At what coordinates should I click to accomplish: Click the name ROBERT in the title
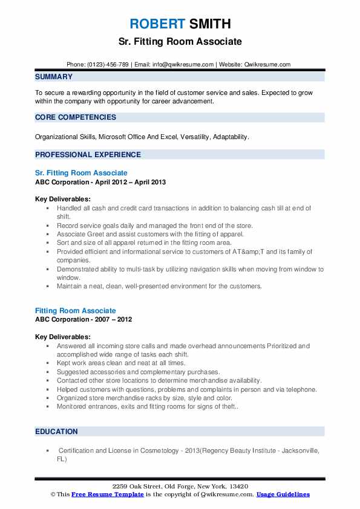tap(157, 24)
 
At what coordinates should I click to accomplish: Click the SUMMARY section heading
tap(54, 77)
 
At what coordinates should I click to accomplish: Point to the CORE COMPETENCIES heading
tap(76, 117)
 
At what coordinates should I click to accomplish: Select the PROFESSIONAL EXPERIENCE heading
tap(88, 154)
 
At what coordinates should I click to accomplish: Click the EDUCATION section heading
tap(56, 432)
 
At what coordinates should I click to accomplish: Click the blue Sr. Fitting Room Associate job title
tap(81, 173)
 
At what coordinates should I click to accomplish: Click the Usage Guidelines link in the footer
tap(283, 494)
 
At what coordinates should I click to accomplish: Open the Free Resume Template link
tap(107, 494)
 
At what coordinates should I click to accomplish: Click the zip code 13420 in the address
tap(239, 487)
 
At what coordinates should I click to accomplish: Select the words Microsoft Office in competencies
tap(125, 137)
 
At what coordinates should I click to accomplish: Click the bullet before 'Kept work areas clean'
tap(47, 363)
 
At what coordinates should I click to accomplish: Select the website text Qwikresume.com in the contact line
tap(267, 64)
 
